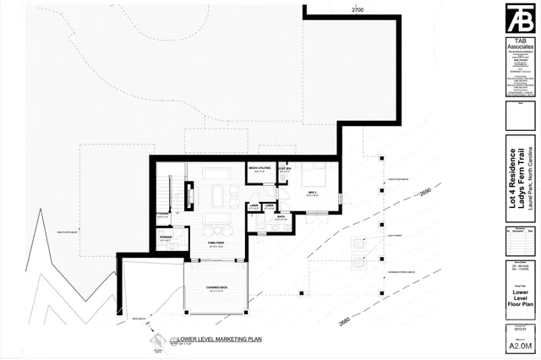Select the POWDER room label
click(x=166, y=237)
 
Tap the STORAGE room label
click(x=162, y=214)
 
